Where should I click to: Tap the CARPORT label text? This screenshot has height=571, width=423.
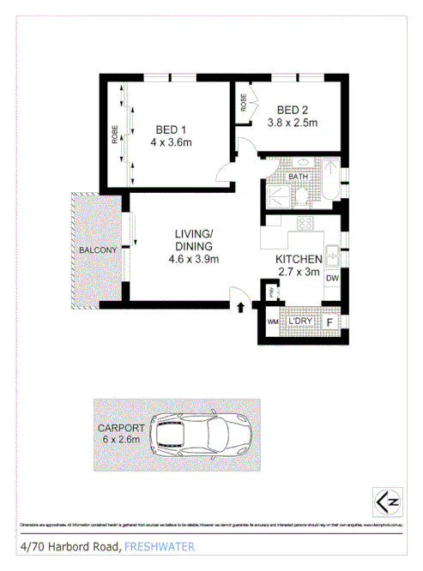coord(120,432)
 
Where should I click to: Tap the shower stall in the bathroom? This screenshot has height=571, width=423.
coord(275,195)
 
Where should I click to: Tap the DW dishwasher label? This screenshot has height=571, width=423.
coord(331,278)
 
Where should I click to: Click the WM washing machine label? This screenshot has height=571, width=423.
coord(274,322)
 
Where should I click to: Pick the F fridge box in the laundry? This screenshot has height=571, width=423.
coord(331,322)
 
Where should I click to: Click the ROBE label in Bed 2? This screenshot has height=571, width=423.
coord(245,105)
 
